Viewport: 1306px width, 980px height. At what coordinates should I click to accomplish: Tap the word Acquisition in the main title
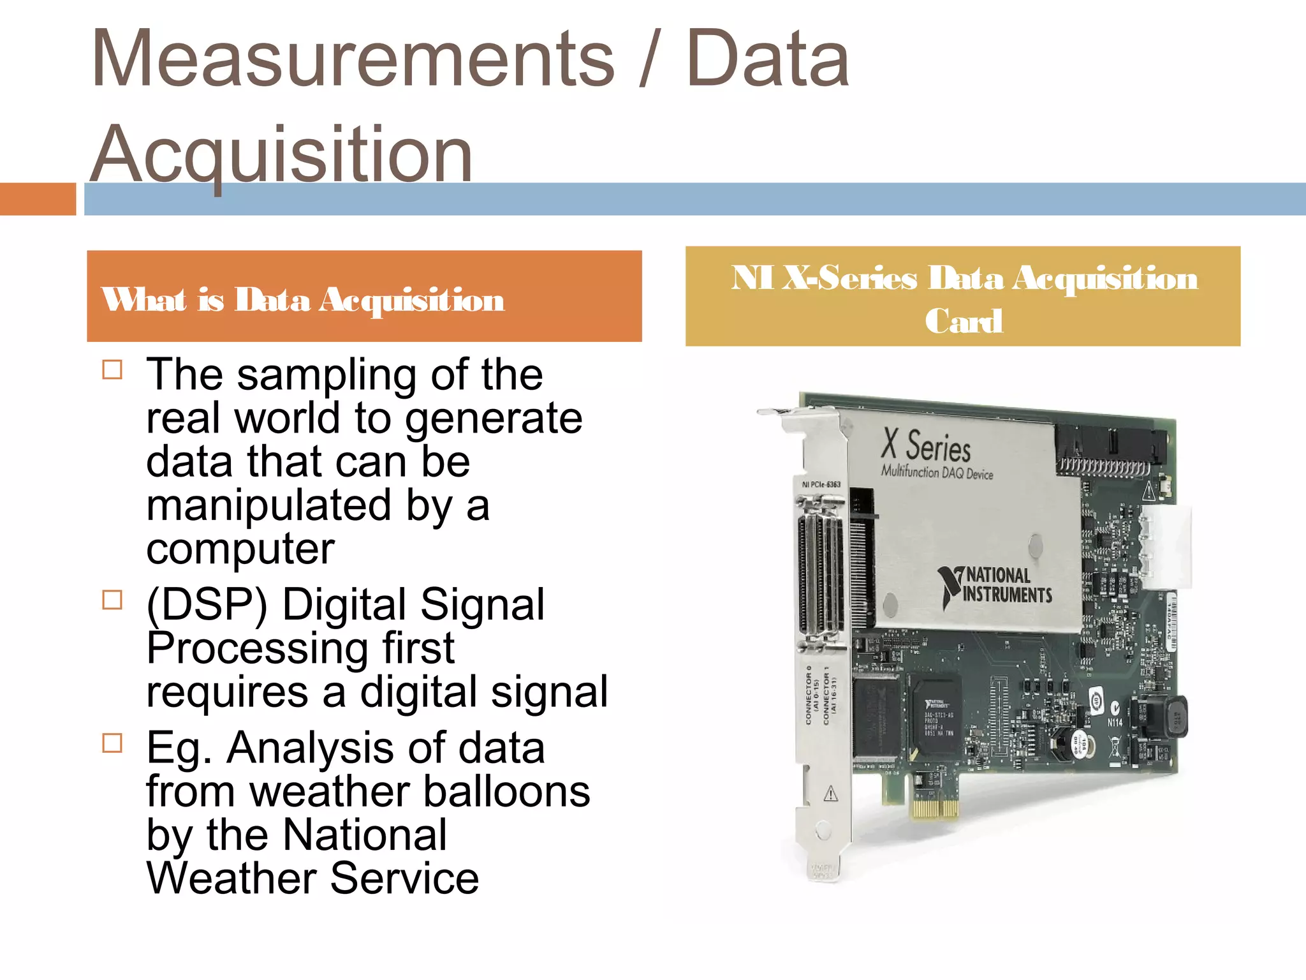coord(281,154)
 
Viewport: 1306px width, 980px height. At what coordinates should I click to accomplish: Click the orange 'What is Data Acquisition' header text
coord(303,299)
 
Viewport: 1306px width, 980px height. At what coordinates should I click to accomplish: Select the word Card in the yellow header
coord(964,320)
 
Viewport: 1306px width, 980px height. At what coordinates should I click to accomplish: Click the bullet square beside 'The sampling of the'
coord(112,370)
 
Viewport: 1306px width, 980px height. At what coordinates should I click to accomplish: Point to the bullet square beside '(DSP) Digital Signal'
coord(112,600)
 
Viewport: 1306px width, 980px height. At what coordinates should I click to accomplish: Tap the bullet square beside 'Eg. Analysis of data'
coord(112,743)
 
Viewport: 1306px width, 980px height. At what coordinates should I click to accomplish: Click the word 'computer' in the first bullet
coord(240,549)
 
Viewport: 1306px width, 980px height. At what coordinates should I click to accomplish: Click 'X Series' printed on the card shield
coord(926,445)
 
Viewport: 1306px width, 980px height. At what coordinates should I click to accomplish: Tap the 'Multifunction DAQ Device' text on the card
coord(937,473)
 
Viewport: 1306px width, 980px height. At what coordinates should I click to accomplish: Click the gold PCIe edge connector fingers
coord(935,808)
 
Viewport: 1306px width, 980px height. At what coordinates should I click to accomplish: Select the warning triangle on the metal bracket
coord(830,794)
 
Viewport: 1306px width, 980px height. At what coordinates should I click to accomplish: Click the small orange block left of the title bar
coord(38,199)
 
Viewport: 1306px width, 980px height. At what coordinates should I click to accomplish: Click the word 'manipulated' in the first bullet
coord(268,505)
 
